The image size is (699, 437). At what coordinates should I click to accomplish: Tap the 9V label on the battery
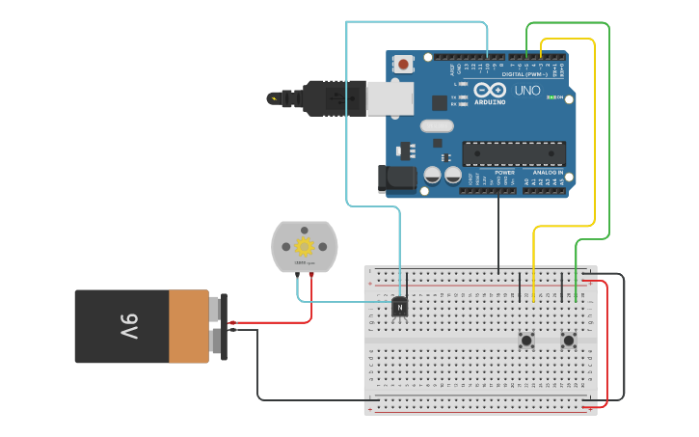click(129, 325)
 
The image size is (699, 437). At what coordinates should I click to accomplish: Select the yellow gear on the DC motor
click(305, 246)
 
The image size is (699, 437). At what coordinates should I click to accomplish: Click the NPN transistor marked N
click(399, 308)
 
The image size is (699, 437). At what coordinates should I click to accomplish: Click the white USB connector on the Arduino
click(390, 98)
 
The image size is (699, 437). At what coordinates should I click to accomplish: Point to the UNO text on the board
click(527, 90)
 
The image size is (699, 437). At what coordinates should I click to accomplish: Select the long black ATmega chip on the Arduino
click(514, 153)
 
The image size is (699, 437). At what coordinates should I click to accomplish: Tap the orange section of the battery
click(189, 326)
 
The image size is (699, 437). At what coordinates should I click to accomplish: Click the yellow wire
click(594, 135)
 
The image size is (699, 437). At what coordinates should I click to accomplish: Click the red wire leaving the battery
click(270, 322)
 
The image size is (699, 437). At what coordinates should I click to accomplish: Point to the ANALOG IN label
click(549, 173)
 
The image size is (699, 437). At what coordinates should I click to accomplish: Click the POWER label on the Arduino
click(504, 173)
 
